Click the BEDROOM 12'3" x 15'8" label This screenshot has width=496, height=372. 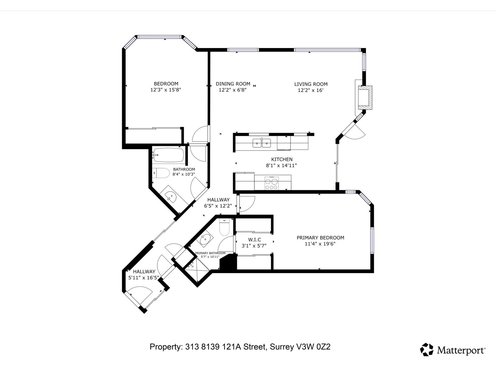166,87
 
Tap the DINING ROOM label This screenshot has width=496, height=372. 233,84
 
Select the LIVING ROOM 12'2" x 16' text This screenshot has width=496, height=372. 311,87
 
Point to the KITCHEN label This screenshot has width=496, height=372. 281,159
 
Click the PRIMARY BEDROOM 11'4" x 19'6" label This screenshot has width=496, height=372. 320,241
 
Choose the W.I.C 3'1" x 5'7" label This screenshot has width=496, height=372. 254,243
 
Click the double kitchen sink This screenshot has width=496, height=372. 262,143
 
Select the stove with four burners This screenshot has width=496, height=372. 271,183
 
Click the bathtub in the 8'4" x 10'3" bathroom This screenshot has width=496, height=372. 169,155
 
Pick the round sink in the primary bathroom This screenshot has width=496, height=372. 205,239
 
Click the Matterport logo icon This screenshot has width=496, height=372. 427,349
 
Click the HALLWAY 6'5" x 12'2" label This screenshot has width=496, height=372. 218,203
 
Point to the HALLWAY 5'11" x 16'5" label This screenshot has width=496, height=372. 144,275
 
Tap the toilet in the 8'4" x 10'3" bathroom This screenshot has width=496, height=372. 162,173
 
